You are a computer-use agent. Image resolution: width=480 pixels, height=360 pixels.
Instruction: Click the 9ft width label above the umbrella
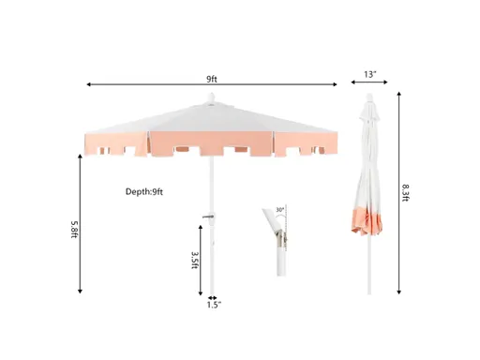[x=212, y=78]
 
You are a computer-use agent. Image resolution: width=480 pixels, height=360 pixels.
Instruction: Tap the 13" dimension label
[x=372, y=72]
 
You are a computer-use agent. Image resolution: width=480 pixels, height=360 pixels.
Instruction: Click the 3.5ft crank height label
[x=194, y=260]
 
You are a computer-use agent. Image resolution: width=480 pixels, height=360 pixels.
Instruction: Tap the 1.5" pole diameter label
[x=214, y=305]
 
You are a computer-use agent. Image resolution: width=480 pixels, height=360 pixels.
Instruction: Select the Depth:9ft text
[x=144, y=192]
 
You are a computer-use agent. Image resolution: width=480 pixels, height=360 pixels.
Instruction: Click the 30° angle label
[x=279, y=211]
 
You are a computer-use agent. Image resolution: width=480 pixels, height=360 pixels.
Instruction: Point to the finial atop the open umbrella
[x=212, y=98]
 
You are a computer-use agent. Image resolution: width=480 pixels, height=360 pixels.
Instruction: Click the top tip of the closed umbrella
[x=371, y=95]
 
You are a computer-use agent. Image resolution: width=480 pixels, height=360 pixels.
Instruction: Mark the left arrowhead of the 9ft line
[x=88, y=85]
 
